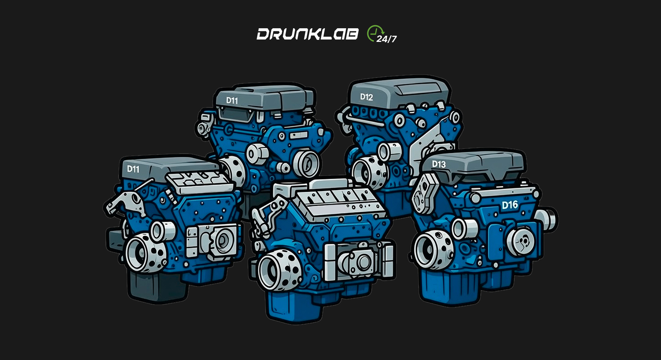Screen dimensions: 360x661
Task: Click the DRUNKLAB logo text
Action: tap(307, 34)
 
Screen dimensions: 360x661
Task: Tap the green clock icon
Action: tap(374, 33)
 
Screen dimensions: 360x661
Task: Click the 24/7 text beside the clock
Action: tap(387, 39)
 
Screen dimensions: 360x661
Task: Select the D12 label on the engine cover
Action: tap(367, 97)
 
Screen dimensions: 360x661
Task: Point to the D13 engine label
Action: tap(439, 164)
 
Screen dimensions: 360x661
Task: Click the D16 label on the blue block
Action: tap(510, 205)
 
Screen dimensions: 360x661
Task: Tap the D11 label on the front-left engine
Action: tap(133, 169)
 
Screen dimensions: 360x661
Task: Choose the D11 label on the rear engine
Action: tap(232, 100)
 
